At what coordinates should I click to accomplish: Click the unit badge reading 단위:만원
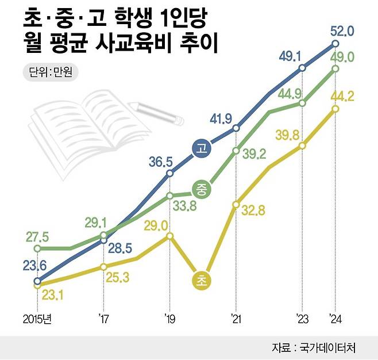(x=53, y=72)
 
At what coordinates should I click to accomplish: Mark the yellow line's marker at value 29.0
(x=169, y=236)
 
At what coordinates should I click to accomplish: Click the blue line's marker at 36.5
(x=169, y=173)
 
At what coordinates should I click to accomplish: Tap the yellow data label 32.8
(x=252, y=211)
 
